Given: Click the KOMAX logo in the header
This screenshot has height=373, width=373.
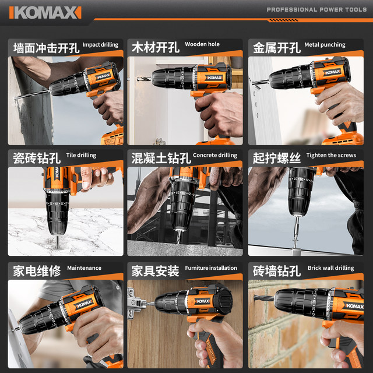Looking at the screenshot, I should click(45, 12).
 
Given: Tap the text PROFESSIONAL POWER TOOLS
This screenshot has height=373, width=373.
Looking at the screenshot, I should click(316, 10).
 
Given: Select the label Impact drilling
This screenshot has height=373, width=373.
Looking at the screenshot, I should click(100, 45).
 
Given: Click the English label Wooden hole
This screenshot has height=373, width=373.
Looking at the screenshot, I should click(202, 44).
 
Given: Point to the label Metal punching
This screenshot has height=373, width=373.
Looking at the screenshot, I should click(325, 45).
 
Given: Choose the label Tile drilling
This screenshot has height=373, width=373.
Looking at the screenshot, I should click(81, 156).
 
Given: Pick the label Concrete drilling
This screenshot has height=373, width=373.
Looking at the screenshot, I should click(215, 156).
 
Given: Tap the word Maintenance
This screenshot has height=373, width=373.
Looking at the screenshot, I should click(84, 268).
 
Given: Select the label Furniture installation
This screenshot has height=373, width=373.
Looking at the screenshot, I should click(211, 268).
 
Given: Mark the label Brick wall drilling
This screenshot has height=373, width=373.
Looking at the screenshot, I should click(330, 268).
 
